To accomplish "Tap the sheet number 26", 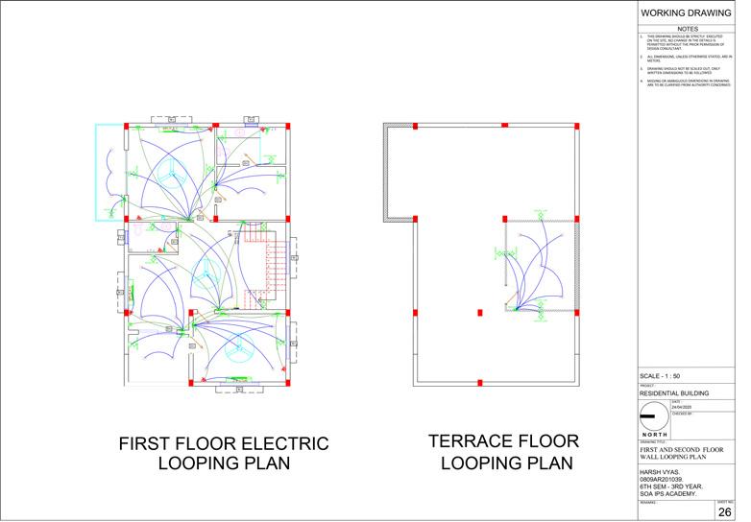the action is click(x=725, y=512).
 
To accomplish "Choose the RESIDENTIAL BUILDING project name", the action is click(x=674, y=393).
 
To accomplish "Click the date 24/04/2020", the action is click(x=682, y=407).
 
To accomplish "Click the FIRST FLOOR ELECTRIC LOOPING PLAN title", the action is click(x=224, y=454).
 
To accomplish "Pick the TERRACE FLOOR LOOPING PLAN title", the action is click(x=504, y=452).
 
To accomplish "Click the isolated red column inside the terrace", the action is click(x=479, y=312).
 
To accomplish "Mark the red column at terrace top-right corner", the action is click(x=575, y=126).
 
